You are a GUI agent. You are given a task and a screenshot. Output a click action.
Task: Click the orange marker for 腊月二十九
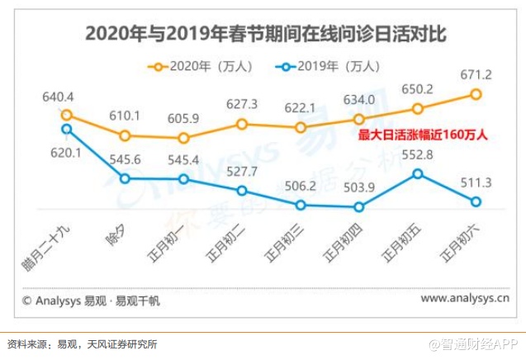click(x=67, y=116)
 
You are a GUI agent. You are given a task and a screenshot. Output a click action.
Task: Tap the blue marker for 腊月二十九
click(x=67, y=129)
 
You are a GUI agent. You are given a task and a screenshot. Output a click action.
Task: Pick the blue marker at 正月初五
click(x=418, y=173)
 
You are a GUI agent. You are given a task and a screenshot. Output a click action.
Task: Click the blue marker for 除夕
click(x=126, y=178)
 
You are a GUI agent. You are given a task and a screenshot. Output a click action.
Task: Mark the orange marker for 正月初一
click(x=184, y=138)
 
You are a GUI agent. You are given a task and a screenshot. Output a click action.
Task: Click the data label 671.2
click(x=476, y=75)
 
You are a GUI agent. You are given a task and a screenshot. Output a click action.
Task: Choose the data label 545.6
click(x=126, y=159)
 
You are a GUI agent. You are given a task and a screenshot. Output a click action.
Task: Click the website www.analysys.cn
click(x=465, y=300)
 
